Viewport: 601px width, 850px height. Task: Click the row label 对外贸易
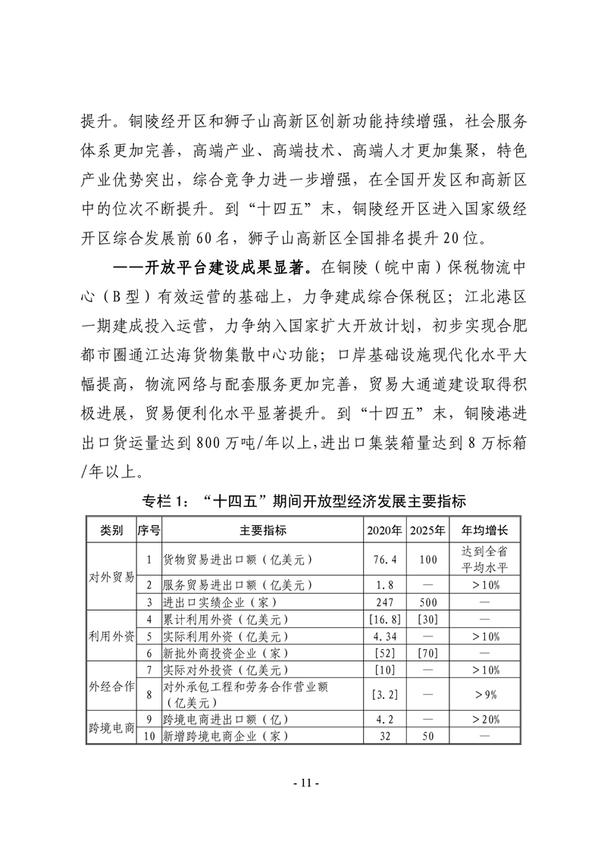click(x=111, y=576)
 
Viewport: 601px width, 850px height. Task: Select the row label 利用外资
click(x=111, y=635)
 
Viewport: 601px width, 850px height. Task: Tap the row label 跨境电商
click(x=111, y=727)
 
